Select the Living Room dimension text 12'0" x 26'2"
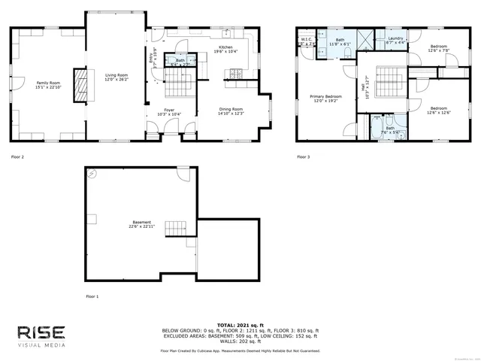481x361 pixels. pyautogui.click(x=116, y=78)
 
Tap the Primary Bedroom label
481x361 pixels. pyautogui.click(x=327, y=96)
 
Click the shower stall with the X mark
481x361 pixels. pyautogui.click(x=368, y=40)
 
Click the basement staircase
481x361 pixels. pyautogui.click(x=175, y=227)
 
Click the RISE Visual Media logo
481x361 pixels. pyautogui.click(x=42, y=335)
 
